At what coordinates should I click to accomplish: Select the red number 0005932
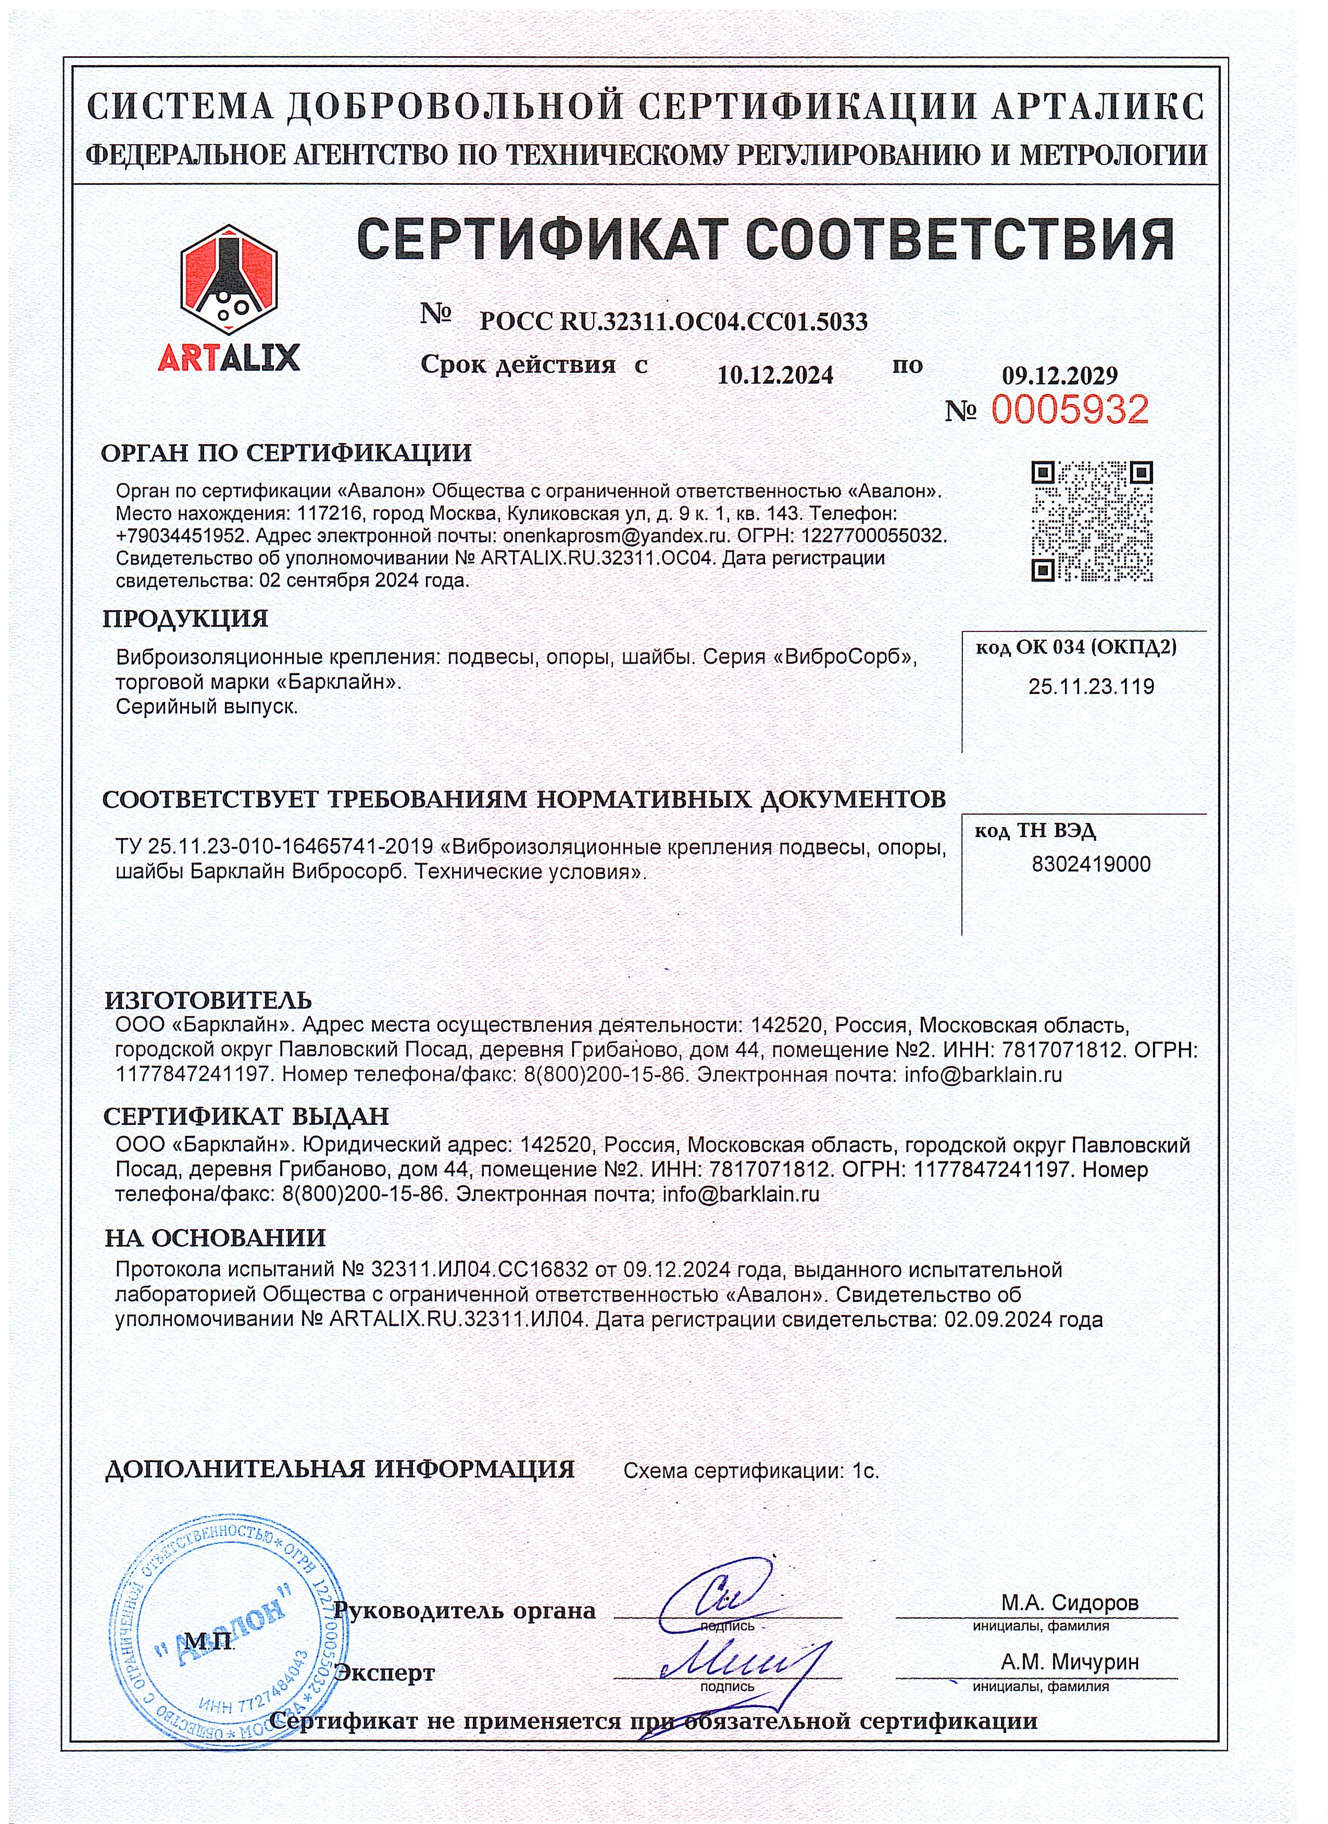1069,410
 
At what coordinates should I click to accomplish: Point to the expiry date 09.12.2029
1059,375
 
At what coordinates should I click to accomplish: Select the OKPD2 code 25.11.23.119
1091,687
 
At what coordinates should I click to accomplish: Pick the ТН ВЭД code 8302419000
1091,865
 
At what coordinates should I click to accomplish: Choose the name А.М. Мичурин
1069,1662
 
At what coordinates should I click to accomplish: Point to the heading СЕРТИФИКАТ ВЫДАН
246,1116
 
